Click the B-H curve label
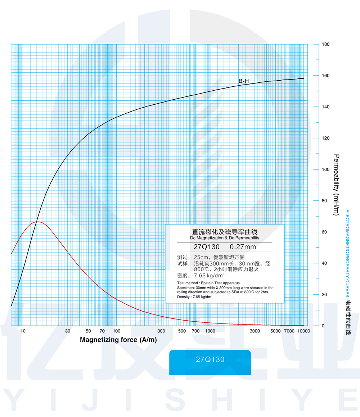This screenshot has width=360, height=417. coord(244,81)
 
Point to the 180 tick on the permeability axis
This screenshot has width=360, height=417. coord(325,44)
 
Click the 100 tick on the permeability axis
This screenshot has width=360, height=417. coord(325,169)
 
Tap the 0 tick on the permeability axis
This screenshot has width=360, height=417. coord(323,326)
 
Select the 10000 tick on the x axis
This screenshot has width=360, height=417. coord(303,331)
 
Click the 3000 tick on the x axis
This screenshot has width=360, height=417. coord(255,331)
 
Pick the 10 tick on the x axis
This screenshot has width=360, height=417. coord(23,331)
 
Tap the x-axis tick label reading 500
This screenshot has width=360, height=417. coord(182,331)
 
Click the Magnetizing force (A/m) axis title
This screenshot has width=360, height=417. coord(118,340)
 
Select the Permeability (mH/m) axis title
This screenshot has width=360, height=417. coord(336,185)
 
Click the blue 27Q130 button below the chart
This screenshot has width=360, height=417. coord(210,359)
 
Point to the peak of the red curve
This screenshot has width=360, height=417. coord(37,222)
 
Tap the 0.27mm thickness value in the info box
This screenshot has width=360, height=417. coord(243,247)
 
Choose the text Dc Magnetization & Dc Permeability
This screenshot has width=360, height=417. coord(225,238)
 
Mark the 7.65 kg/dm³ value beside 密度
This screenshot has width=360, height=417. coord(209,276)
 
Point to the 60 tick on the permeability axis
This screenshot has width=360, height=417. coord(324,232)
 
